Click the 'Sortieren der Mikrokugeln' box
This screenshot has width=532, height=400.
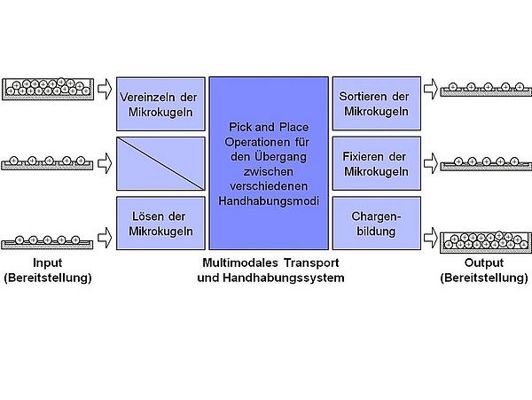pos(376,104)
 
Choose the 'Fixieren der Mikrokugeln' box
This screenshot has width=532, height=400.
pos(376,163)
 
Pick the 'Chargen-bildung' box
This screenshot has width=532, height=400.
pos(376,224)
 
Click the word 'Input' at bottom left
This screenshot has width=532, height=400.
pos(48,263)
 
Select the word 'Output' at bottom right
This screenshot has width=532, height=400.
pos(483,263)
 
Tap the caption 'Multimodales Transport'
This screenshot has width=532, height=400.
pos(270,263)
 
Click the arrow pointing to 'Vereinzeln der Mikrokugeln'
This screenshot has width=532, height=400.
pos(103,88)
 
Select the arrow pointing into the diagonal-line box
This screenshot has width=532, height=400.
pos(103,163)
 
